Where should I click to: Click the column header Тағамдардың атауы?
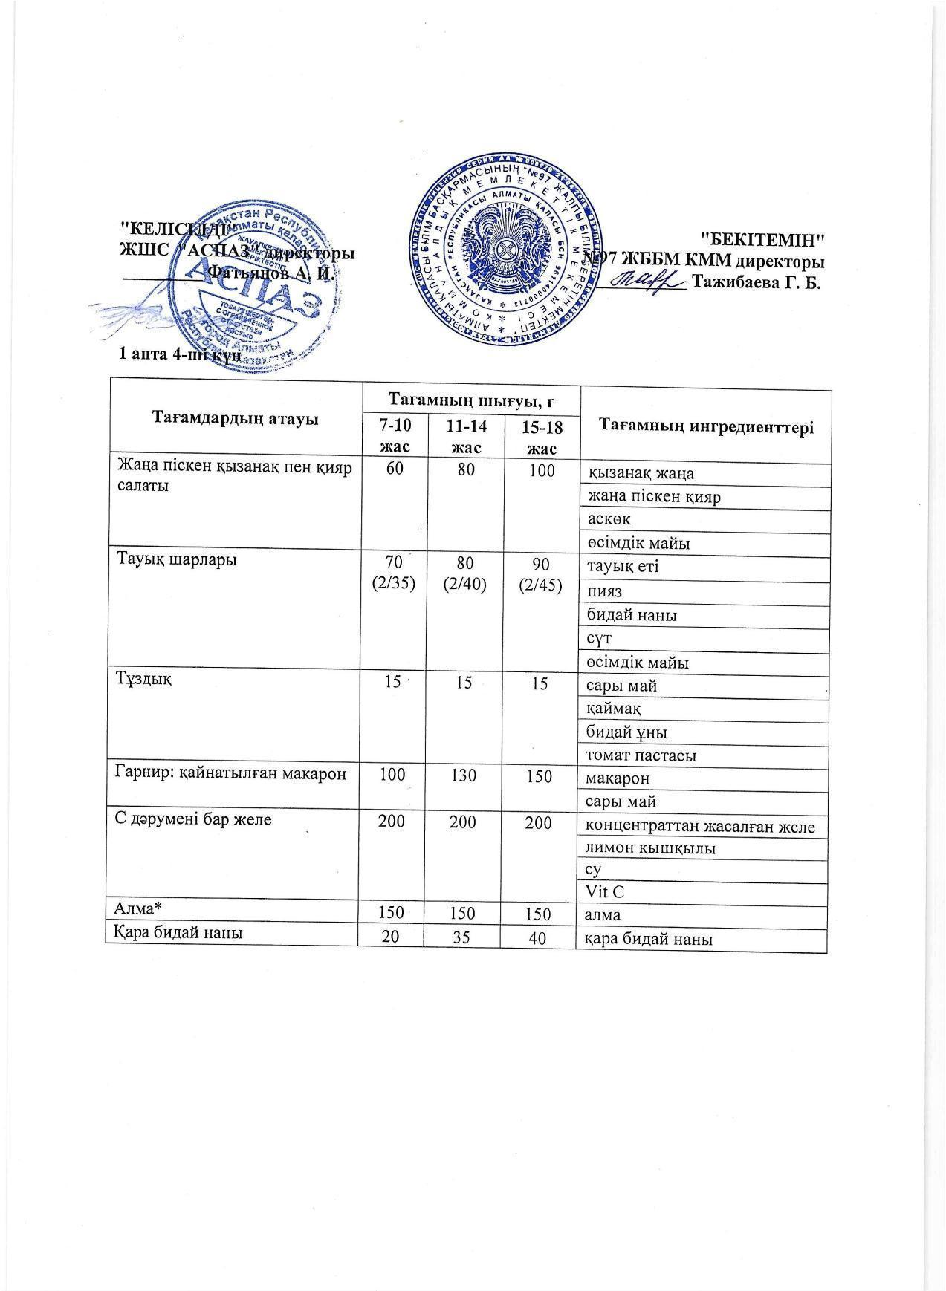point(235,418)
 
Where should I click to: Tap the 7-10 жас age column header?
point(393,436)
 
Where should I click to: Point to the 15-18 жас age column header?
point(540,436)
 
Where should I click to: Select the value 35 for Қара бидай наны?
point(464,939)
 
